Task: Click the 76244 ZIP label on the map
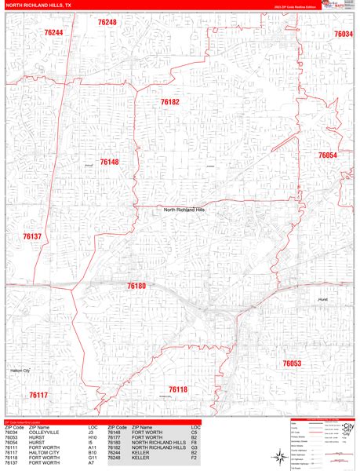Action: (x=53, y=33)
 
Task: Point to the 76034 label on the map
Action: (x=343, y=34)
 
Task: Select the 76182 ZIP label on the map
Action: (x=169, y=102)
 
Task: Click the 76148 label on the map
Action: (x=109, y=162)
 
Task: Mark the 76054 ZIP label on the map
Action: (x=327, y=155)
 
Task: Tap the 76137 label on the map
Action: (x=32, y=236)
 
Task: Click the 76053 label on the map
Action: (x=292, y=363)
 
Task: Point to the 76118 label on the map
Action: (x=178, y=389)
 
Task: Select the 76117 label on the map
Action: (x=38, y=395)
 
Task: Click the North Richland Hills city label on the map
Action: (x=184, y=210)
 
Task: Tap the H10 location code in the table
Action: (x=93, y=436)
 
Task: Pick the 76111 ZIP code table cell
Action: (x=11, y=447)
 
